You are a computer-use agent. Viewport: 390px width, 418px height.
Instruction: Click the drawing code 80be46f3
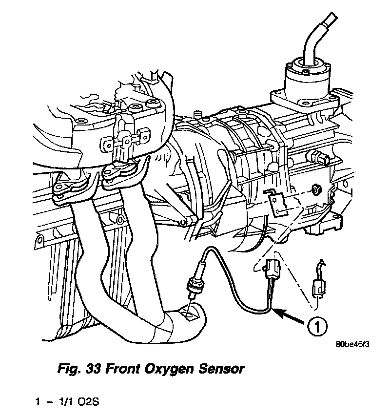[352, 343]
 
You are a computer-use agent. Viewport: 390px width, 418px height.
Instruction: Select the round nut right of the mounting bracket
[315, 189]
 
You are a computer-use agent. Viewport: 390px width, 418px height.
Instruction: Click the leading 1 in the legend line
[37, 403]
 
